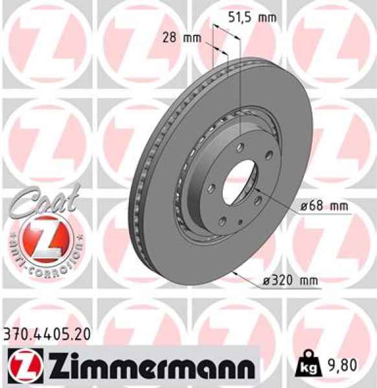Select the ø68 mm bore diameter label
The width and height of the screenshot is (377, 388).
pos(324,207)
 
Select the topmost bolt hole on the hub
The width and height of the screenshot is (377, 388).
pos(241,147)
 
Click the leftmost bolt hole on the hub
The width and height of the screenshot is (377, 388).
pos(211,188)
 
